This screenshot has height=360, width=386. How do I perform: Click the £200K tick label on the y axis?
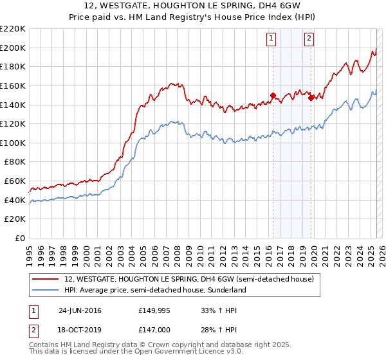13,48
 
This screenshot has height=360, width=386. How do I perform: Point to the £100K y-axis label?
13,143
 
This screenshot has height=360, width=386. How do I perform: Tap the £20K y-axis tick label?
15,219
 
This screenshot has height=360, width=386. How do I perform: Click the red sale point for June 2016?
273,96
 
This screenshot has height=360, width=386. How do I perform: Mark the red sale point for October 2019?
311,98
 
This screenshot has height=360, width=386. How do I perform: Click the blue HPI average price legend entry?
155,290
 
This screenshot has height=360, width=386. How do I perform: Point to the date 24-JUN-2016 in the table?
80,310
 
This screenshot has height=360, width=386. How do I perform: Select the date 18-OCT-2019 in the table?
80,330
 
